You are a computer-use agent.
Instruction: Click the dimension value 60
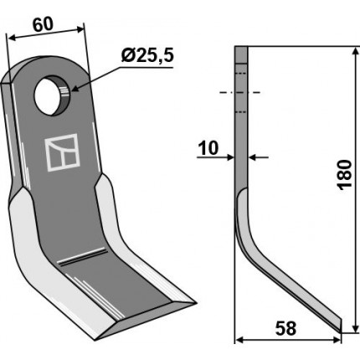point(43,24)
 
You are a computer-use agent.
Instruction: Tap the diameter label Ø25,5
point(147,55)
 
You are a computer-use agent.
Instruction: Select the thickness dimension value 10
point(208,148)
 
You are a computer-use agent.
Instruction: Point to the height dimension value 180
point(344,175)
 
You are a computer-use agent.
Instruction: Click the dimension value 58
point(285,328)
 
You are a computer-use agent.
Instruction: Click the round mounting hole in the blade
point(53,95)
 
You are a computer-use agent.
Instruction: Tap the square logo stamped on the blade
point(62,152)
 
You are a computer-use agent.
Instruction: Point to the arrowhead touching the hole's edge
point(75,89)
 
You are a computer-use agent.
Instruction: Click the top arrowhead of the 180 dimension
point(355,52)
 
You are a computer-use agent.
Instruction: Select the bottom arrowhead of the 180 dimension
point(355,327)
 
